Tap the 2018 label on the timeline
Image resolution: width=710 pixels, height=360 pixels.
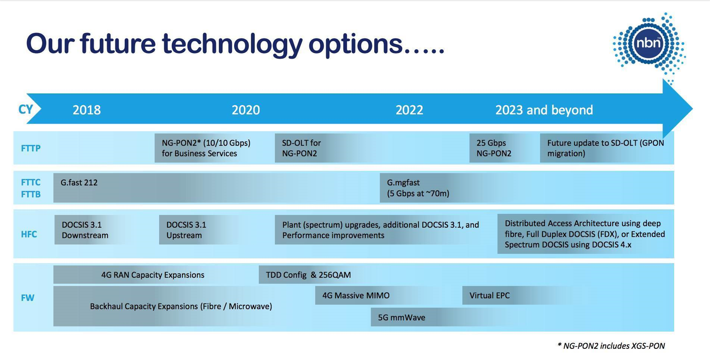click(87, 110)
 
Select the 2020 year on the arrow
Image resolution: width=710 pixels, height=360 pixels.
click(246, 110)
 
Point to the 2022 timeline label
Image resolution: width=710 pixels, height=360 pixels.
click(409, 110)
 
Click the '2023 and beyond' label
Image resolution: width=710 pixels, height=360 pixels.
click(544, 110)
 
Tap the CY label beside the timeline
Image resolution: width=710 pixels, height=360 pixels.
click(26, 109)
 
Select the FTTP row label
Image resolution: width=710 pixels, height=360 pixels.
click(31, 148)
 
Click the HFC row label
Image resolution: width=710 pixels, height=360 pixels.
click(29, 234)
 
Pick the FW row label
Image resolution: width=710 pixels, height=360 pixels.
click(28, 298)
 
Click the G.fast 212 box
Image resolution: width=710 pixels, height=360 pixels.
click(216, 188)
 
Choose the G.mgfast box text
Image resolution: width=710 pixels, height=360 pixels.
click(418, 188)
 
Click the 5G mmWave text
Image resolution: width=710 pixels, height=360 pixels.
click(401, 317)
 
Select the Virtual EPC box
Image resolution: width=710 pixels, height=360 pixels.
click(517, 295)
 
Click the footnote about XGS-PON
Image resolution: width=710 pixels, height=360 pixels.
click(611, 346)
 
